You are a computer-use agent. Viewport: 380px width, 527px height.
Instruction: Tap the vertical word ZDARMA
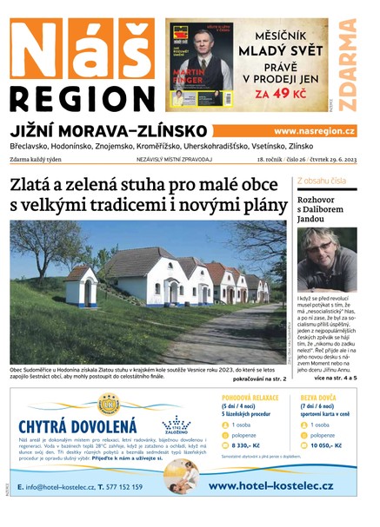pos(348,65)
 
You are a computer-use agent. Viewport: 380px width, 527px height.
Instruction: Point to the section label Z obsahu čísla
pos(322,181)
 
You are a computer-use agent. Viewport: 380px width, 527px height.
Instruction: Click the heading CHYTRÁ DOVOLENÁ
pos(77,425)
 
